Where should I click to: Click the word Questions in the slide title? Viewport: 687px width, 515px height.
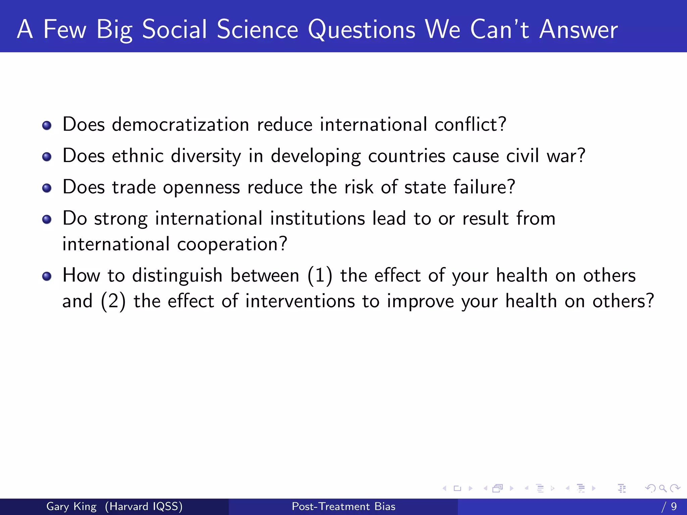point(362,30)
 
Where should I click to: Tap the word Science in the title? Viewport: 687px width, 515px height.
point(257,30)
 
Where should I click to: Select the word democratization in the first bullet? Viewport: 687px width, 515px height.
point(180,125)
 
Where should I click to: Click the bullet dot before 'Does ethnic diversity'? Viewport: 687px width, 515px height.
point(47,157)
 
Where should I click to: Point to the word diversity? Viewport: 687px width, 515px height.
point(206,156)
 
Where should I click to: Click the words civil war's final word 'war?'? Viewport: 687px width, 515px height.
point(566,156)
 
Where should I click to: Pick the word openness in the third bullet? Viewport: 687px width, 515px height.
point(201,187)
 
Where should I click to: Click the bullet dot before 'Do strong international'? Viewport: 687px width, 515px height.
point(47,219)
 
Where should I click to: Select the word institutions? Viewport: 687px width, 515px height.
point(317,219)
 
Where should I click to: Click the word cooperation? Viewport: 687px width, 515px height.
point(232,244)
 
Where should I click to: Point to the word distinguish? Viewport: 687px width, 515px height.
point(177,276)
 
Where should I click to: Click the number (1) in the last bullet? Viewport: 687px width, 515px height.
point(320,276)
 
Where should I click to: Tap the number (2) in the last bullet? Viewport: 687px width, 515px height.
point(113,301)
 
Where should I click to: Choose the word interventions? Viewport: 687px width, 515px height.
point(300,301)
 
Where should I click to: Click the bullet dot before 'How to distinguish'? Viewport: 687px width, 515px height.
point(47,276)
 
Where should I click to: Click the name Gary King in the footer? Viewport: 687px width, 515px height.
point(71,506)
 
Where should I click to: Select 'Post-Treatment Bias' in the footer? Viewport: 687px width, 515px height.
point(343,506)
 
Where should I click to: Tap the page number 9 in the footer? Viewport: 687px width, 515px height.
point(674,506)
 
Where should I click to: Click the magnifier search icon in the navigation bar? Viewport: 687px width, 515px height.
point(663,488)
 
